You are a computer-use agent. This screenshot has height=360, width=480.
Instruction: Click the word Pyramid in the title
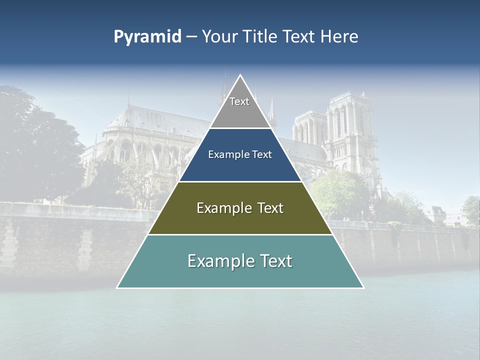[147, 36]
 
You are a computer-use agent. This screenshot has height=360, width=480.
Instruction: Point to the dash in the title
[191, 37]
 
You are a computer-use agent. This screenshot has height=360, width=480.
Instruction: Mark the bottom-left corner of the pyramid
[118, 287]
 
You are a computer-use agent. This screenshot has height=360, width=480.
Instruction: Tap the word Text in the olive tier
[270, 208]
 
